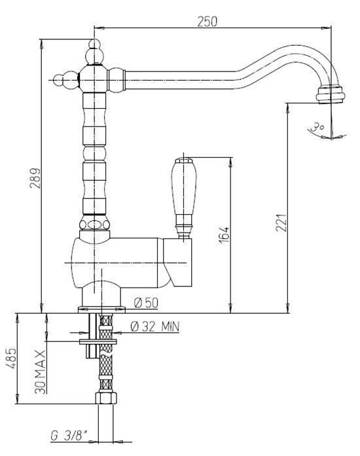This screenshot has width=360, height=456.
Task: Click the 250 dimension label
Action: [x=207, y=21]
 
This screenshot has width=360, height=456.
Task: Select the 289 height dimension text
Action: [x=35, y=178]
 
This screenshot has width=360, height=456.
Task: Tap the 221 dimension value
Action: [x=281, y=223]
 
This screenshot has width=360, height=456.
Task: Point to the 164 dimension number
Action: [x=224, y=235]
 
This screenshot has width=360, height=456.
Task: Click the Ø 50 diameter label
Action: [x=147, y=303]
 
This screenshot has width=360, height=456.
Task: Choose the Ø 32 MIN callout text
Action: [x=155, y=326]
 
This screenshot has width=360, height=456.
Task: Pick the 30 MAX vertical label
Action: [x=40, y=372]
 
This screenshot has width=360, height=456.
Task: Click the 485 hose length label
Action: [x=12, y=358]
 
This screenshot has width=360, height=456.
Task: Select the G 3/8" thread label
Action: [x=69, y=435]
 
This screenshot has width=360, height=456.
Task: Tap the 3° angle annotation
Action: [x=317, y=127]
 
